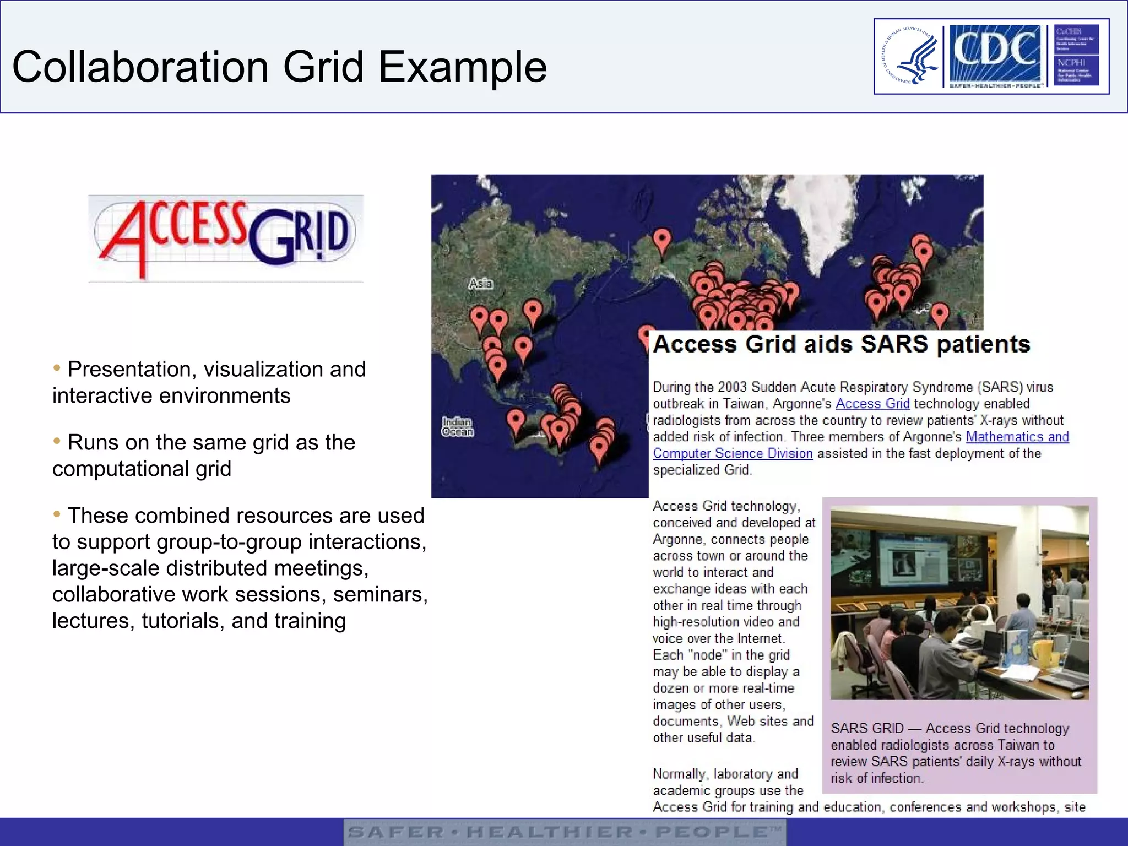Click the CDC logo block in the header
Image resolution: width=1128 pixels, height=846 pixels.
[995, 55]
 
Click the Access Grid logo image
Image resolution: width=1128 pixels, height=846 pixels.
[226, 238]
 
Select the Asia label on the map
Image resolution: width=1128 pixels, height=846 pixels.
[480, 284]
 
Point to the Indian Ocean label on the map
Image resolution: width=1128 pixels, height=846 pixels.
[457, 427]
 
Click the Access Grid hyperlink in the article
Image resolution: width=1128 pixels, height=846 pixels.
[872, 404]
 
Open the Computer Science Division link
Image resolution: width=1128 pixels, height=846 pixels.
[733, 453]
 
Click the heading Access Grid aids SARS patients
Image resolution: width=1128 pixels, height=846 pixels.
[841, 344]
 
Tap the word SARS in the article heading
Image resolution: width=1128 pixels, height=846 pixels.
[894, 344]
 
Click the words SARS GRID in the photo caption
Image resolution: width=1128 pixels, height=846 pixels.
[867, 728]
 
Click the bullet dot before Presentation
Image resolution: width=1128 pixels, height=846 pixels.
[57, 368]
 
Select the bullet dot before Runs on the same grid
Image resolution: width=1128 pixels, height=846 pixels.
[57, 441]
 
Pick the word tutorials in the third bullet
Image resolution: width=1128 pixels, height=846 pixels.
[183, 621]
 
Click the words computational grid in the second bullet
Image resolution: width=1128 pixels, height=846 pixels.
[142, 469]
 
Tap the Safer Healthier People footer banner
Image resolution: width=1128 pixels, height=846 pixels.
[565, 832]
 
